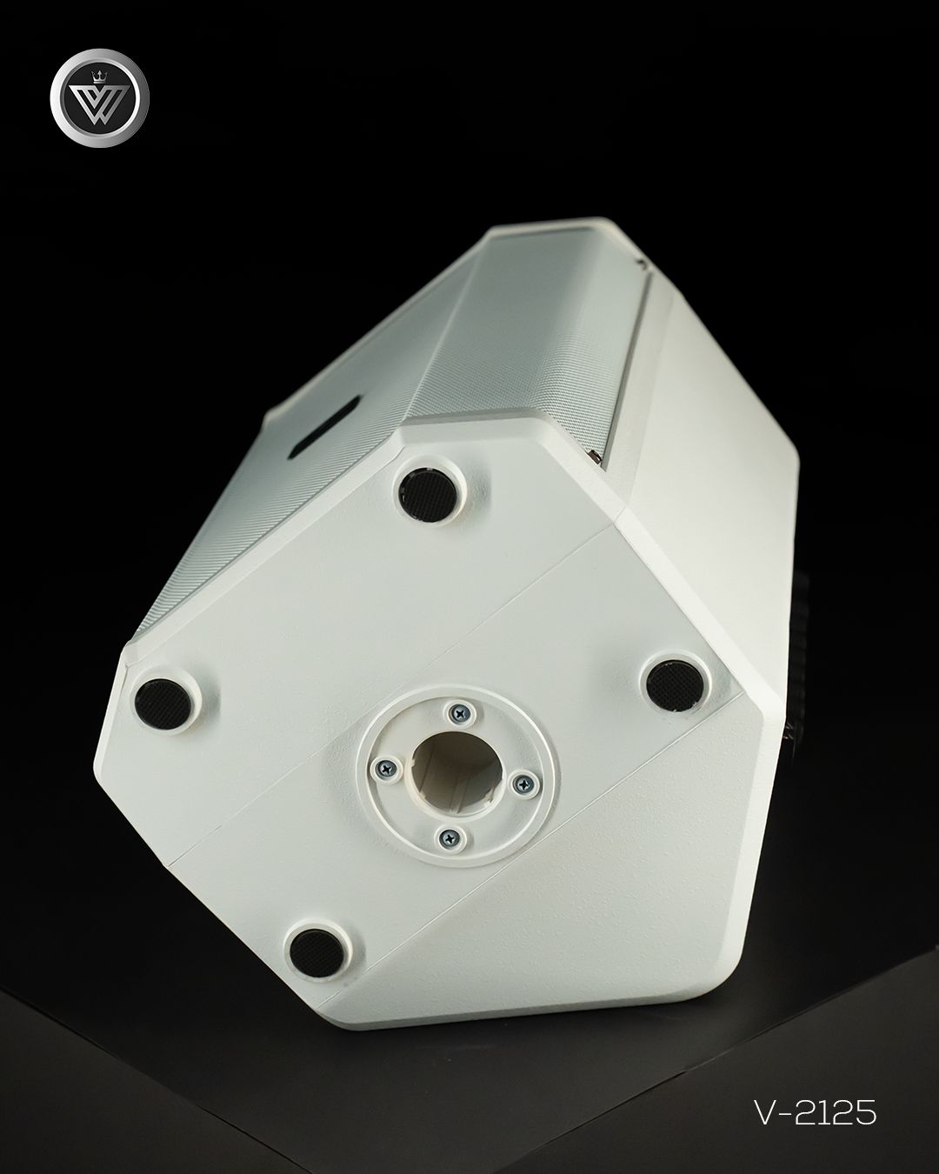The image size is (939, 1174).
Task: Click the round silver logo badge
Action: pyautogui.click(x=99, y=97)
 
